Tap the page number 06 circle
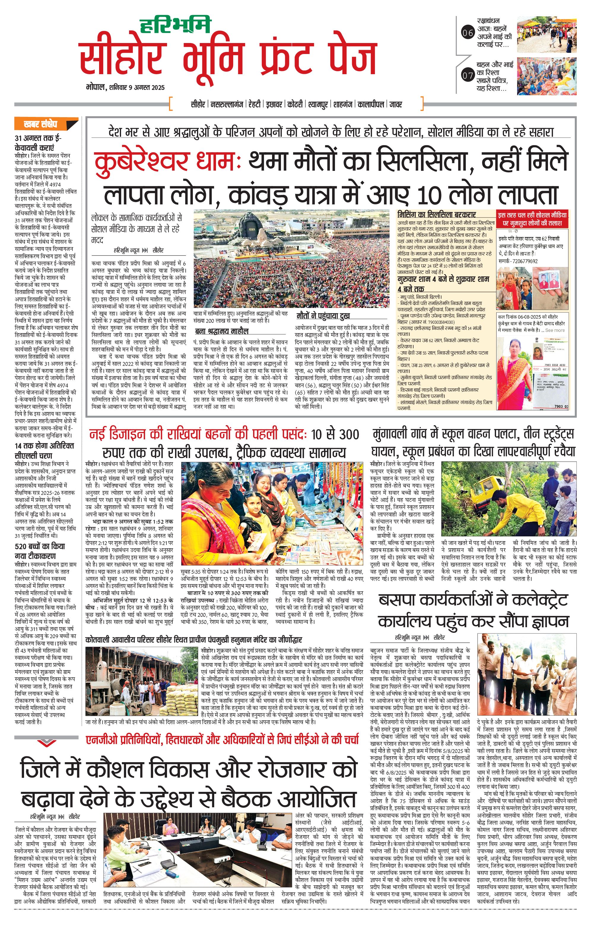(468, 33)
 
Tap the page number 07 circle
(468, 75)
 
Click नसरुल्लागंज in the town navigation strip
(226, 104)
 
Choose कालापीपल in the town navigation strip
(371, 104)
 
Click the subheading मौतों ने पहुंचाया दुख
(323, 315)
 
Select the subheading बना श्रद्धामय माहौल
(222, 331)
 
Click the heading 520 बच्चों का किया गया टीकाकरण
(40, 551)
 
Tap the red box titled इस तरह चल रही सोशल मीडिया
(532, 219)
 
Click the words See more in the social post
(555, 330)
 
